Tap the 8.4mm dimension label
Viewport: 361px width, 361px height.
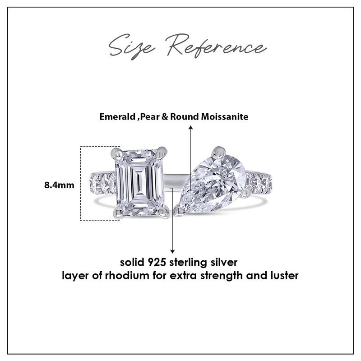(x=59, y=185)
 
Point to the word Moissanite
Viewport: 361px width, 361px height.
(x=228, y=117)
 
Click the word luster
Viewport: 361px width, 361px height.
(x=284, y=275)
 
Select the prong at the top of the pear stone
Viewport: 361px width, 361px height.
(x=219, y=150)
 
